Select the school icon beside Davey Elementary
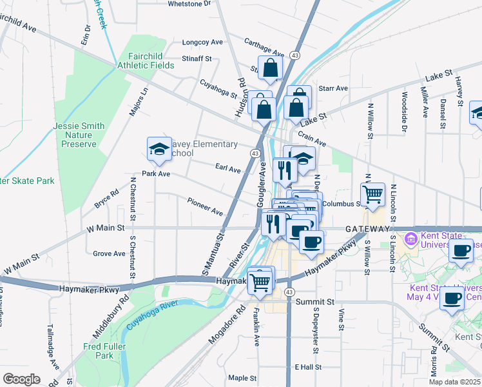coord(159,150)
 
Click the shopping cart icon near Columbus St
coord(373,194)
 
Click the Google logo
coord(21,379)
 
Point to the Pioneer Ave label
coord(205,207)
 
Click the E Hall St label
coord(308,366)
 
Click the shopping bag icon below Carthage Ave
coord(271,69)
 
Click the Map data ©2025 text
coord(455,382)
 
